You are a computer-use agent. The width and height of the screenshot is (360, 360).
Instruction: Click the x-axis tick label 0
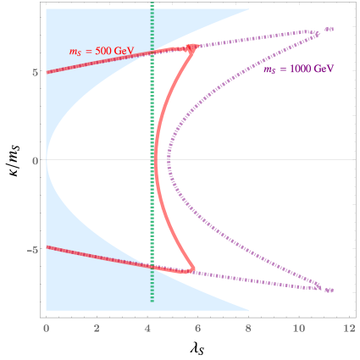click(46, 326)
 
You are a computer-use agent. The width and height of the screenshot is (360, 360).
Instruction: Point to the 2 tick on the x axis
click(97, 326)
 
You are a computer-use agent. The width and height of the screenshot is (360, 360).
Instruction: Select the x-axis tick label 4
click(147, 326)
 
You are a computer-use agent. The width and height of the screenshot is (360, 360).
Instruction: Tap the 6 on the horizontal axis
click(197, 326)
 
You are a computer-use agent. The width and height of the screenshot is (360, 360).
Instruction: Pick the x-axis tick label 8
click(248, 326)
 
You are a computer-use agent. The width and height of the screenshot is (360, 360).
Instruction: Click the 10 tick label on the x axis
click(298, 326)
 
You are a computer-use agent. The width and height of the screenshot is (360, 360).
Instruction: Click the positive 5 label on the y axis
click(33, 72)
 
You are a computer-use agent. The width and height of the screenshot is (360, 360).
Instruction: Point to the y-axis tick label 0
click(33, 160)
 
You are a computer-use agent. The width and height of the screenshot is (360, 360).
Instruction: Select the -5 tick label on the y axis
click(31, 249)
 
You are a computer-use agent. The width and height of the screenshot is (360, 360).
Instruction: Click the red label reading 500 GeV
click(101, 51)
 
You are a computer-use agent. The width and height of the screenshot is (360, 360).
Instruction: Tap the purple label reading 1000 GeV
click(298, 69)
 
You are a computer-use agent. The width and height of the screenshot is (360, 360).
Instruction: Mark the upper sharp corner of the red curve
click(196, 47)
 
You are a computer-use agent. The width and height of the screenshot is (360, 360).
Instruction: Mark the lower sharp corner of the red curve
click(195, 271)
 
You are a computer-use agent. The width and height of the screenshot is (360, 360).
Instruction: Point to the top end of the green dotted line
click(152, 5)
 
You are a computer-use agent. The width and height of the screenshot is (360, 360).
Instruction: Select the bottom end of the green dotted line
click(152, 301)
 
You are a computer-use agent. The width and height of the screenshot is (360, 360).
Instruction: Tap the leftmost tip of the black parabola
click(47, 159)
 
